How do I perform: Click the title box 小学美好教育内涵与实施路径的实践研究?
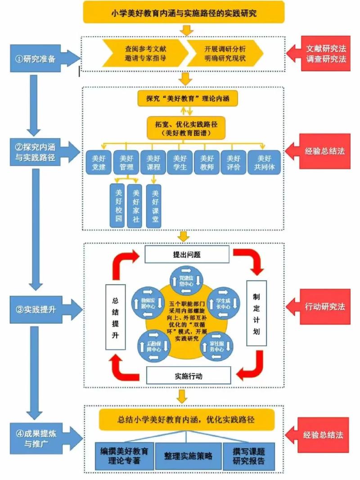[184, 12]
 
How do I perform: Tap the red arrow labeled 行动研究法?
[321, 307]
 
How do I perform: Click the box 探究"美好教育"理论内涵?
[187, 99]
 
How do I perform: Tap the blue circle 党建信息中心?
[185, 279]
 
